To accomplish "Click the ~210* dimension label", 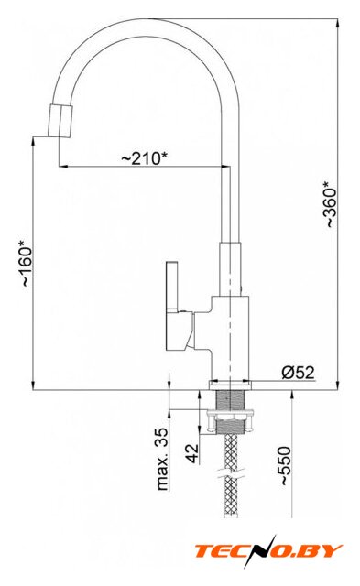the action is pos(145,158).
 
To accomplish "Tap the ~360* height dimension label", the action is pos(331,203).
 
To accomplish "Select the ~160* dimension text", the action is pos(27,263).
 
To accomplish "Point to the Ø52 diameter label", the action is pos(298,373).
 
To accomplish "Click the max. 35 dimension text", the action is pos(163,459).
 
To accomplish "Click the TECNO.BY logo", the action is pos(268,550).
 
